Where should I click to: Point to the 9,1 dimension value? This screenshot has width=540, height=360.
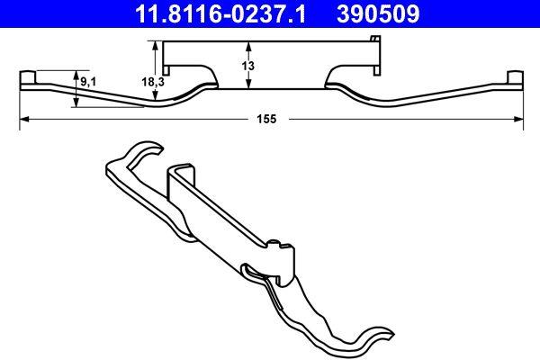tap(89, 83)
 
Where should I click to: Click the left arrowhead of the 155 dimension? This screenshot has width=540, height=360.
tap(23, 118)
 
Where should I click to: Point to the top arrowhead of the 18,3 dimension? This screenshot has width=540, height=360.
tap(157, 46)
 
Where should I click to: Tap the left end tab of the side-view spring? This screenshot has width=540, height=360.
tap(27, 76)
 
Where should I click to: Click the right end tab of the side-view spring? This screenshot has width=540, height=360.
tap(514, 76)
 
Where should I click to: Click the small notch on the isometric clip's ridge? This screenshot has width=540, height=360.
tap(274, 240)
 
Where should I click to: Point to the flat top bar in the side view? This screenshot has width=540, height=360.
tap(270, 42)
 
